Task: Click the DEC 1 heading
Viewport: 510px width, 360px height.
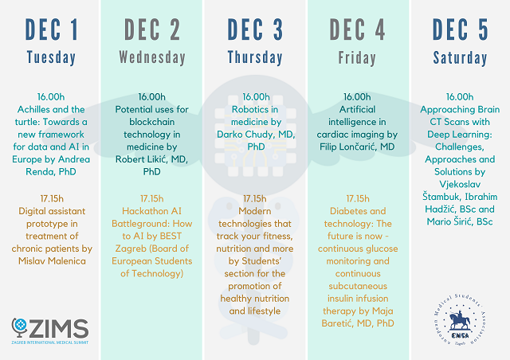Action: click(51, 29)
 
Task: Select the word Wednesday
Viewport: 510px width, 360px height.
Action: click(152, 57)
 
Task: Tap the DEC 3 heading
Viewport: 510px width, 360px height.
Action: click(255, 29)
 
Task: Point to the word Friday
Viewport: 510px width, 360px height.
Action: click(357, 58)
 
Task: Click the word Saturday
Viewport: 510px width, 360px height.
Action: click(460, 58)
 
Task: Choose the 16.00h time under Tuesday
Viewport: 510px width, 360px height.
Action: click(51, 97)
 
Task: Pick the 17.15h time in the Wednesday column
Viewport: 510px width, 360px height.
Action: click(152, 198)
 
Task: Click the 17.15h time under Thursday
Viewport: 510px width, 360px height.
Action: click(255, 198)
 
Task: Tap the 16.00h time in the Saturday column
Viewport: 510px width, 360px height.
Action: click(460, 97)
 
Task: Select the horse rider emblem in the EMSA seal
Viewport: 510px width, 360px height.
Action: click(460, 321)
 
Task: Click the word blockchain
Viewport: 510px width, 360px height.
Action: click(152, 122)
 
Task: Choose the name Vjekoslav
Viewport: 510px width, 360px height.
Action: click(460, 185)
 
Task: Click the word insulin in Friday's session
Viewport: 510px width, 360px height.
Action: click(342, 299)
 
